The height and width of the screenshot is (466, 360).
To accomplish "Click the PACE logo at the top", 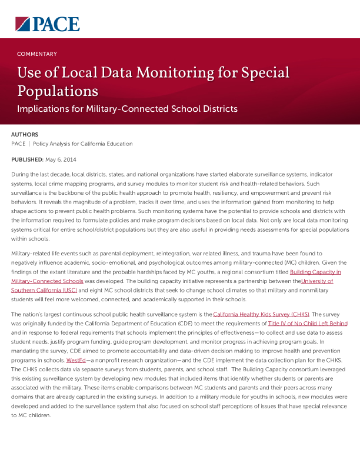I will pos(48,24).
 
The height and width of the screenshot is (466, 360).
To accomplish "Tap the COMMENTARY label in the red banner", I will pos(37,54).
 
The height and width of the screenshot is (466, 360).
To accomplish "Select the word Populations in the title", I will pos(58,91).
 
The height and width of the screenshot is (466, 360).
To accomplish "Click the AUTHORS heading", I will pos(25,135).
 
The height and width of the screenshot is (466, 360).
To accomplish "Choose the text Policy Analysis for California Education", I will pos(83,144).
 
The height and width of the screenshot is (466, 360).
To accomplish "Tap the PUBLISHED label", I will pos(27,159).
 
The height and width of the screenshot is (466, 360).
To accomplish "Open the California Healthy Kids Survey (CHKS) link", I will pos(262,315).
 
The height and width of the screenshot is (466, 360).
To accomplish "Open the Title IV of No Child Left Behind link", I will pos(308,324).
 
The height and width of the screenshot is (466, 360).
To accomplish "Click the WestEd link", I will pos(76,360).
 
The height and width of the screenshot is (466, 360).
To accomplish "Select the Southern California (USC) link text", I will pos(44,290).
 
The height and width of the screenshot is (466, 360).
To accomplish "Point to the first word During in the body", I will pos(21,175).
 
